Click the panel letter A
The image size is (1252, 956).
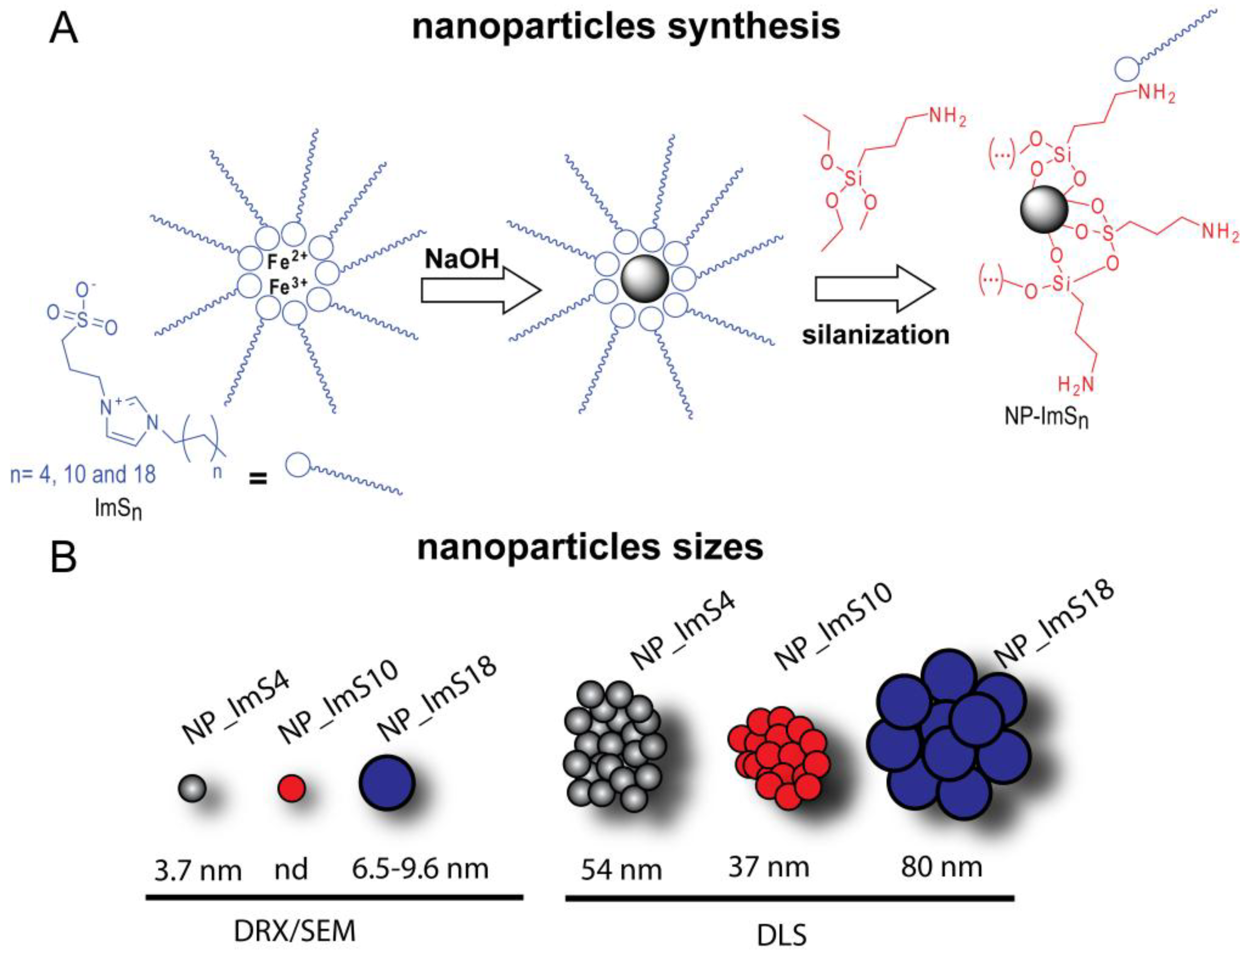63,29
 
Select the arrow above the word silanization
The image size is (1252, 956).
874,289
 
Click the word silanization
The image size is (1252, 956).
875,335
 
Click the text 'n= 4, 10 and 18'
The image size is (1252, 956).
83,474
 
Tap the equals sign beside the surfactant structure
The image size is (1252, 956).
258,479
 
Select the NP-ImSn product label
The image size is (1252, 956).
1046,417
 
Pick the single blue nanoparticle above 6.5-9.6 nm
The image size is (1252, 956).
387,783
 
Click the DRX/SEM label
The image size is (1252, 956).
295,931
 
